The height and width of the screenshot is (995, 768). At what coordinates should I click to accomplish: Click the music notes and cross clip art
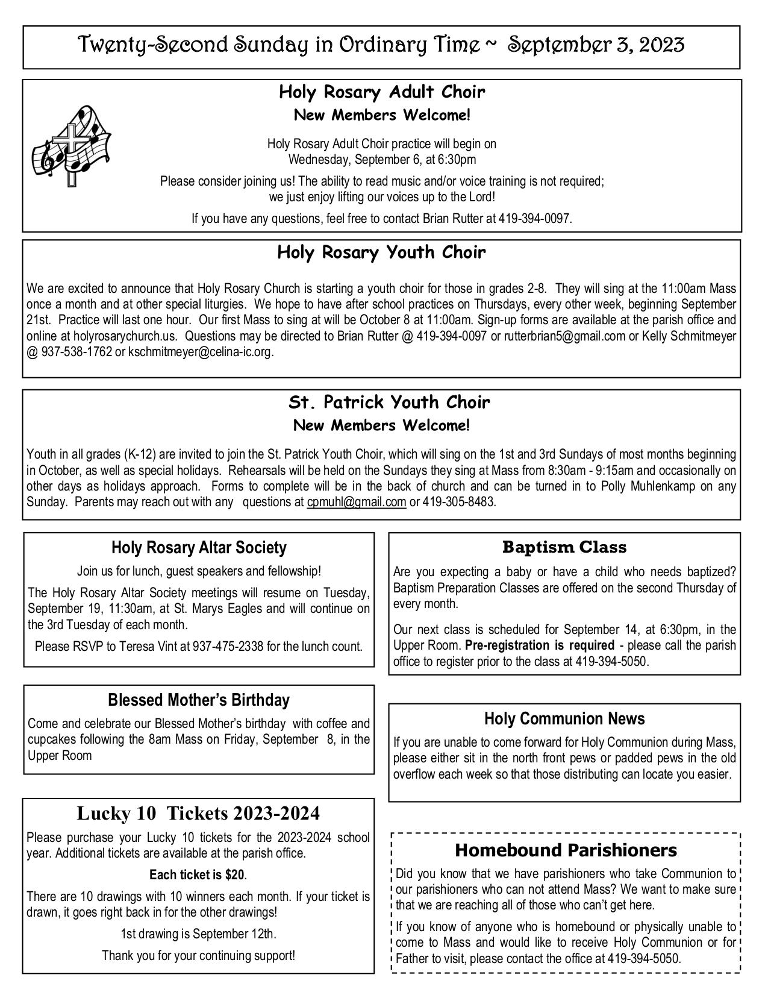[x=71, y=145]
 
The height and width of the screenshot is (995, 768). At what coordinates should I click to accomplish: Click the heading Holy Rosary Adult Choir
[x=382, y=93]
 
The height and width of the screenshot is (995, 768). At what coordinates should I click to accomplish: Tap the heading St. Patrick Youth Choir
[x=389, y=402]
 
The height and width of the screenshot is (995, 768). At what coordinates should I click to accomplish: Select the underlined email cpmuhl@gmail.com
[x=356, y=502]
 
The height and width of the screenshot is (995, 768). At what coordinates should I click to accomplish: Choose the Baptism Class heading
[x=564, y=548]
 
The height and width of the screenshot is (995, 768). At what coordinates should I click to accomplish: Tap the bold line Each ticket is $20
[x=198, y=874]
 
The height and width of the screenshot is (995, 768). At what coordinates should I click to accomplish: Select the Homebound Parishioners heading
[x=566, y=850]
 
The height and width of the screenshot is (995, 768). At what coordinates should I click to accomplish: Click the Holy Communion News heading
[x=564, y=719]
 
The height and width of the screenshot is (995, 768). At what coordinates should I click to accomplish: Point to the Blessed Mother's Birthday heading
[x=199, y=700]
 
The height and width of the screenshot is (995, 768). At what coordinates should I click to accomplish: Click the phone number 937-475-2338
[x=228, y=647]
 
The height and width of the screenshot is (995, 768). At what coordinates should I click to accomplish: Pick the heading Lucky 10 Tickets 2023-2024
[x=198, y=814]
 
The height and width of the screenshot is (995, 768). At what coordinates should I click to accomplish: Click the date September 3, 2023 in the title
[x=596, y=45]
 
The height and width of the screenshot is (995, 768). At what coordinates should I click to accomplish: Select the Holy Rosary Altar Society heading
[x=199, y=548]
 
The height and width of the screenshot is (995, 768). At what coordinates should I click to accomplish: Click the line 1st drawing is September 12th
[x=198, y=934]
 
